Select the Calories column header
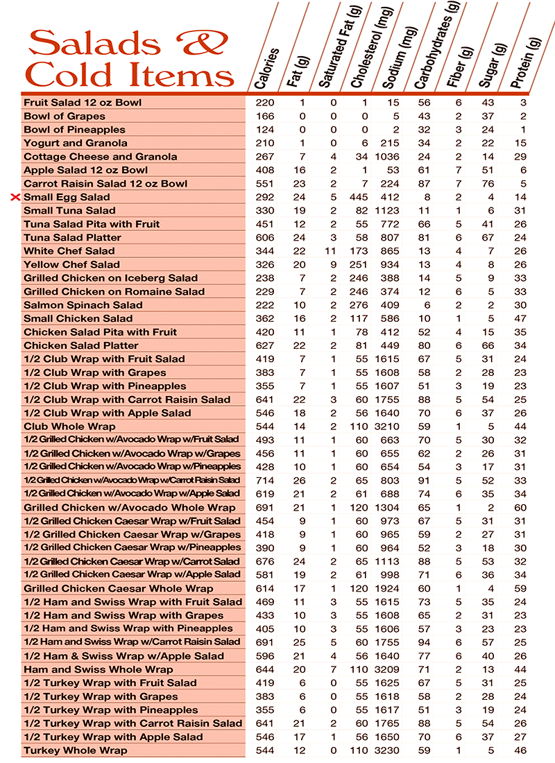(x=266, y=69)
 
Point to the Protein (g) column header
(x=527, y=62)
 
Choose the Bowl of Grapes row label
(x=65, y=116)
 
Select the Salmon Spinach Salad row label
(x=83, y=305)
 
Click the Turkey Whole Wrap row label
(x=76, y=750)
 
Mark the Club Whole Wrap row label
(x=69, y=426)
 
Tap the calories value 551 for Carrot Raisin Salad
(x=265, y=184)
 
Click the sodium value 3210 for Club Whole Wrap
(x=388, y=426)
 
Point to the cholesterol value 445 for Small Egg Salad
(x=359, y=197)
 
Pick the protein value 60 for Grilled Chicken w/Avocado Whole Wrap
(x=520, y=507)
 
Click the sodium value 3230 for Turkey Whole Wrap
(x=388, y=750)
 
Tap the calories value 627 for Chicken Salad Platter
(x=265, y=345)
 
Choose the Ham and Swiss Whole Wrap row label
(x=98, y=669)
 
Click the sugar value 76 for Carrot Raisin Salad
(x=488, y=184)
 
